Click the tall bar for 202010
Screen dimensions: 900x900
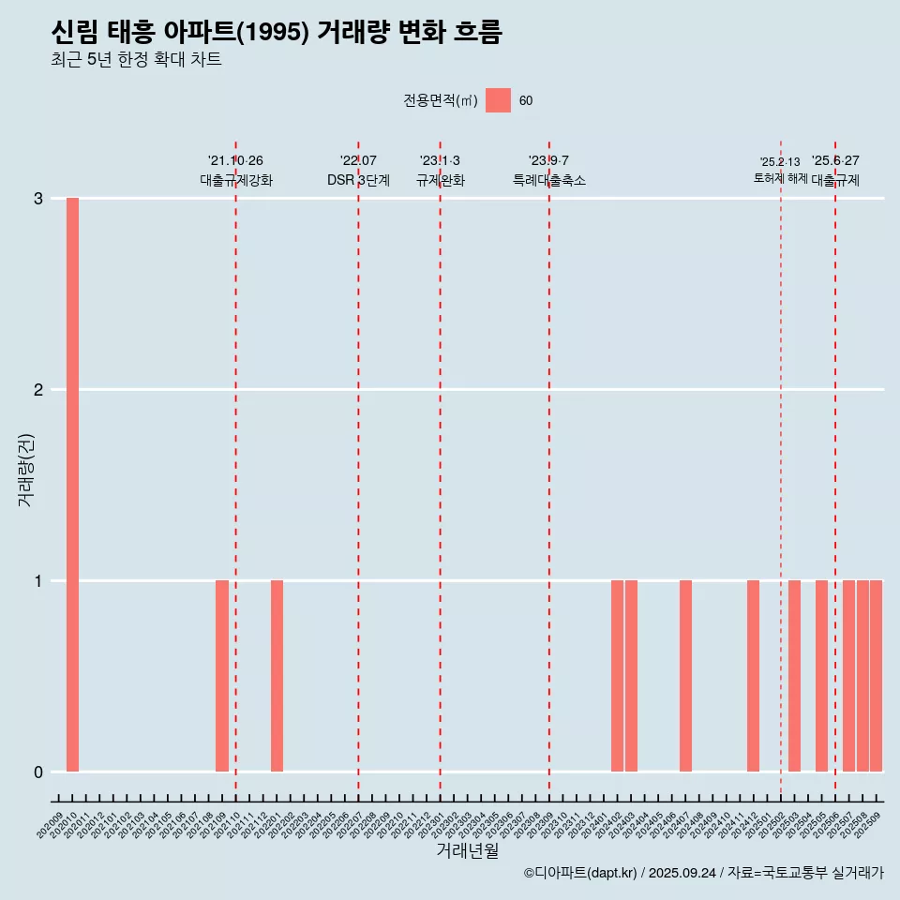72,485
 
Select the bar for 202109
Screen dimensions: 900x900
222,676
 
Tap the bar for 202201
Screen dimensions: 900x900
277,676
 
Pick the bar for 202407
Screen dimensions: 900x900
685,676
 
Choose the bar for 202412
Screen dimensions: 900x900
753,676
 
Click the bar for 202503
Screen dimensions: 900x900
794,676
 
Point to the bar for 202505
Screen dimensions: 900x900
821,676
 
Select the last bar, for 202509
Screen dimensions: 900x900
876,676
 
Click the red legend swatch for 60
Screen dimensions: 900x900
498,100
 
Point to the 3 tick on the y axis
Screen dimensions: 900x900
38,199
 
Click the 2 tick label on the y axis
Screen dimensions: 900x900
38,390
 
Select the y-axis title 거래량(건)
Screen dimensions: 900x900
26,469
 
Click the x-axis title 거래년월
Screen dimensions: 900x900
467,851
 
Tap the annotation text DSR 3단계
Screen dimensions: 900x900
358,180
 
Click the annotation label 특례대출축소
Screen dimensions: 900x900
548,180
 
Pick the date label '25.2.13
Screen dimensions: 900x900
780,162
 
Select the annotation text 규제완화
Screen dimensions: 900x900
440,180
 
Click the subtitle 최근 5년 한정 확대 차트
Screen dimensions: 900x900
137,60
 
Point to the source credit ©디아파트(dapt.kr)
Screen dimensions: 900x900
581,873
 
